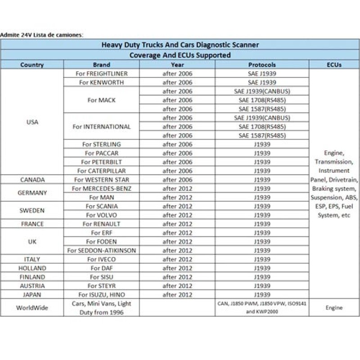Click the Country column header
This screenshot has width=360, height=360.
(32, 65)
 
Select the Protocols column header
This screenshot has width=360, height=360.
(262, 65)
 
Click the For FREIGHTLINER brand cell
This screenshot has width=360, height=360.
(101, 73)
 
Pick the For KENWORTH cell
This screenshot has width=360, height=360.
(101, 82)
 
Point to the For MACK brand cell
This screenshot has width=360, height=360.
(101, 100)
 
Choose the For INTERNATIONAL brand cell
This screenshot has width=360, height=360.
(101, 126)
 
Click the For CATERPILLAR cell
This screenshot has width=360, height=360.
(101, 171)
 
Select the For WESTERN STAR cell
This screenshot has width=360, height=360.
(101, 180)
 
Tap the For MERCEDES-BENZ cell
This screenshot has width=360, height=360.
(101, 188)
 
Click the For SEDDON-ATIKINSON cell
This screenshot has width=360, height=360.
(101, 250)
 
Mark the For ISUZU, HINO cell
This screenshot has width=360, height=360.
(101, 294)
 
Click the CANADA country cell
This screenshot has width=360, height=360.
(32, 180)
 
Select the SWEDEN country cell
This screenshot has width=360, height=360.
(32, 210)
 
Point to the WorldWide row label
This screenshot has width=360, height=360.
(32, 308)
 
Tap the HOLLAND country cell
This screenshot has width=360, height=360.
(32, 268)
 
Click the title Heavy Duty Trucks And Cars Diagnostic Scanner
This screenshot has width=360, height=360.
(180, 45)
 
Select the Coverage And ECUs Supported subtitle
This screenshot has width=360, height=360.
(180, 55)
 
